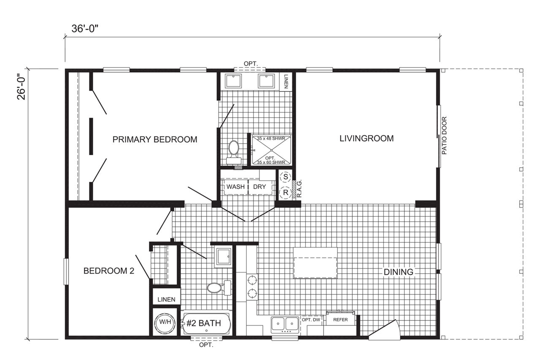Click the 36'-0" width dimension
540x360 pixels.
click(x=85, y=29)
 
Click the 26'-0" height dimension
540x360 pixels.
click(x=21, y=83)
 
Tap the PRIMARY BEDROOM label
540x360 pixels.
click(x=155, y=140)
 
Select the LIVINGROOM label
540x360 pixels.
click(x=367, y=138)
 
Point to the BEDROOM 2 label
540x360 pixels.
click(x=109, y=271)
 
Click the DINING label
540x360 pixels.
click(x=398, y=272)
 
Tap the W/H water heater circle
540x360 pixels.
click(x=165, y=322)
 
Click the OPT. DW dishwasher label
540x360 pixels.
click(x=311, y=320)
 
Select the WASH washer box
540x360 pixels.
click(x=236, y=187)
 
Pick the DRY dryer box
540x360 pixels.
click(x=260, y=187)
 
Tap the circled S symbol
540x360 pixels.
click(x=286, y=177)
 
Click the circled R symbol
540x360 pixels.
click(x=286, y=193)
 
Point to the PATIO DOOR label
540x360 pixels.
click(x=445, y=135)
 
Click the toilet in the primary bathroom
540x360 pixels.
click(x=234, y=152)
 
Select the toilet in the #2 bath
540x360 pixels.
click(x=219, y=288)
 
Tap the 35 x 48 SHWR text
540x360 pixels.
click(x=271, y=139)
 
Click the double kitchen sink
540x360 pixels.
click(x=285, y=324)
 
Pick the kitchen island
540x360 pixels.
click(x=315, y=263)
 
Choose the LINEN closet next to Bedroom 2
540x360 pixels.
click(x=167, y=296)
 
